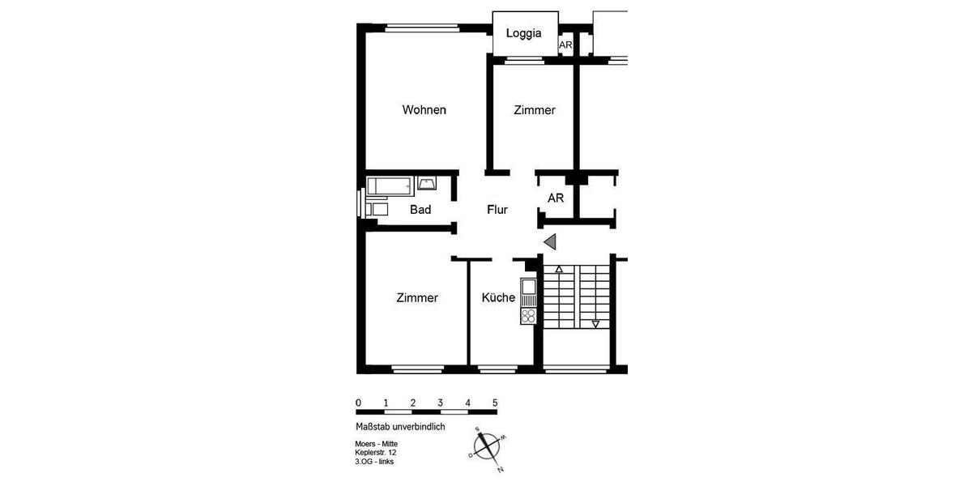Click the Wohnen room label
click(x=424, y=110)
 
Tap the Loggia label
click(x=523, y=34)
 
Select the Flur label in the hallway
click(x=497, y=210)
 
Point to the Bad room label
click(x=420, y=210)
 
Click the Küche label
click(x=498, y=297)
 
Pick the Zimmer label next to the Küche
click(x=417, y=298)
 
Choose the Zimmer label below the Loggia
click(x=535, y=110)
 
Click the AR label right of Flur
click(x=556, y=198)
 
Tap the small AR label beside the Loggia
click(x=565, y=46)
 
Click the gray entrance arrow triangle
click(x=551, y=241)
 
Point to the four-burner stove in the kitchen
click(x=528, y=315)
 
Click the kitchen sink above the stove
click(x=528, y=287)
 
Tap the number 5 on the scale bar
click(x=495, y=403)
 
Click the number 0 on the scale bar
click(x=358, y=403)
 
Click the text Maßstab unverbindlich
click(x=399, y=427)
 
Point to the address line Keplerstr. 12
click(x=377, y=453)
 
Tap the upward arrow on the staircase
click(x=559, y=269)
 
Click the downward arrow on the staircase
click(x=595, y=324)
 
